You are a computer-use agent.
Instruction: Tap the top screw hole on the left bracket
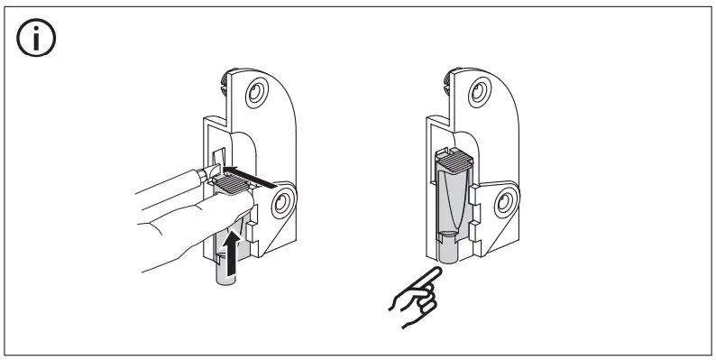click(257, 93)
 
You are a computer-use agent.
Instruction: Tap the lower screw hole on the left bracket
click(283, 202)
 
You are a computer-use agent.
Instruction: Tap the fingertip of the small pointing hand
click(434, 272)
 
